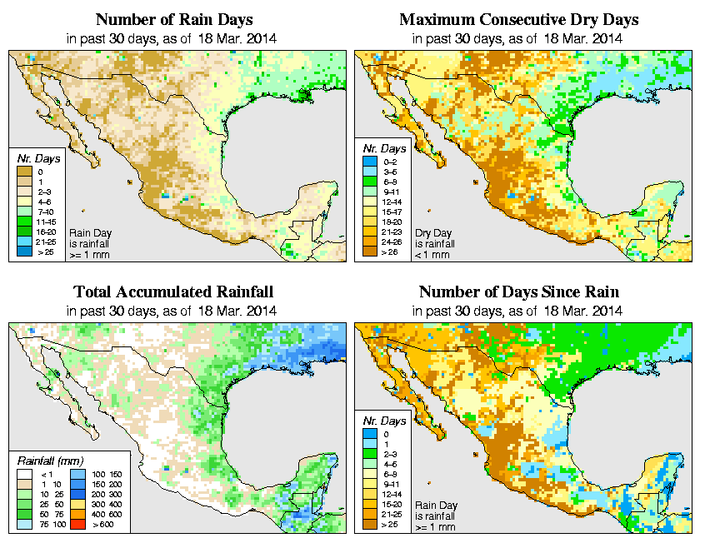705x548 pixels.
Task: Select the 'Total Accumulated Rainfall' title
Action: tap(172, 292)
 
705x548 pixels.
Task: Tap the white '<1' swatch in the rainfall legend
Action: tap(24, 473)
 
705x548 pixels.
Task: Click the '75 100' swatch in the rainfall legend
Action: tap(24, 526)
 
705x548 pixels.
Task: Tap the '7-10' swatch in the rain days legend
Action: tap(24, 211)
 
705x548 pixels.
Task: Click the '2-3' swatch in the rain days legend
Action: tap(24, 191)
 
